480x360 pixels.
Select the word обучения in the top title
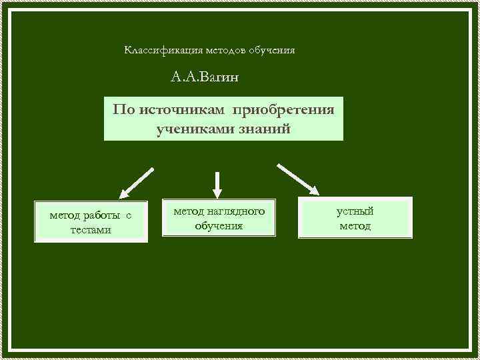coord(271,51)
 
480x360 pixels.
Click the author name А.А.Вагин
coord(204,78)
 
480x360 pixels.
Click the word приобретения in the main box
coord(289,109)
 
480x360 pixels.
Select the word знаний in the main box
coord(265,128)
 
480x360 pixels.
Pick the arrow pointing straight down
coord(217,184)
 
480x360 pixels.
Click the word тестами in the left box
coord(90,230)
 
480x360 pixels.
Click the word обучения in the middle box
coord(219,226)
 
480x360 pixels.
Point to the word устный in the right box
coord(355,211)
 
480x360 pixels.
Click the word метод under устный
coord(355,226)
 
